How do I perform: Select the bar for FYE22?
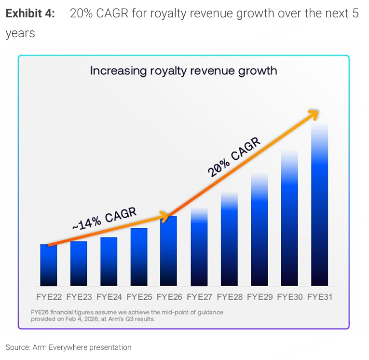click(48, 265)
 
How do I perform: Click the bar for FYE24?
click(109, 262)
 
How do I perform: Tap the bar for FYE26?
click(168, 251)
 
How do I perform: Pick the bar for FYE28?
click(229, 239)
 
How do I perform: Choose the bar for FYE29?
click(259, 229)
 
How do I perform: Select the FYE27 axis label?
click(199, 296)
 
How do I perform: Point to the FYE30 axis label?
click(289, 296)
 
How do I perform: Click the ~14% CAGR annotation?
click(104, 218)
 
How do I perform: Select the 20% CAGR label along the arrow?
click(234, 157)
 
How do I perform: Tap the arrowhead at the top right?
click(314, 114)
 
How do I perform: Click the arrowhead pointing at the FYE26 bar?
click(164, 217)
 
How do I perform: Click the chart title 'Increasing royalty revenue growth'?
click(183, 71)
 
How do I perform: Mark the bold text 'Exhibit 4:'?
click(30, 14)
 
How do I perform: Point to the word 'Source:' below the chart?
click(17, 347)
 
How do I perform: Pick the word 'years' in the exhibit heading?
click(20, 34)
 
